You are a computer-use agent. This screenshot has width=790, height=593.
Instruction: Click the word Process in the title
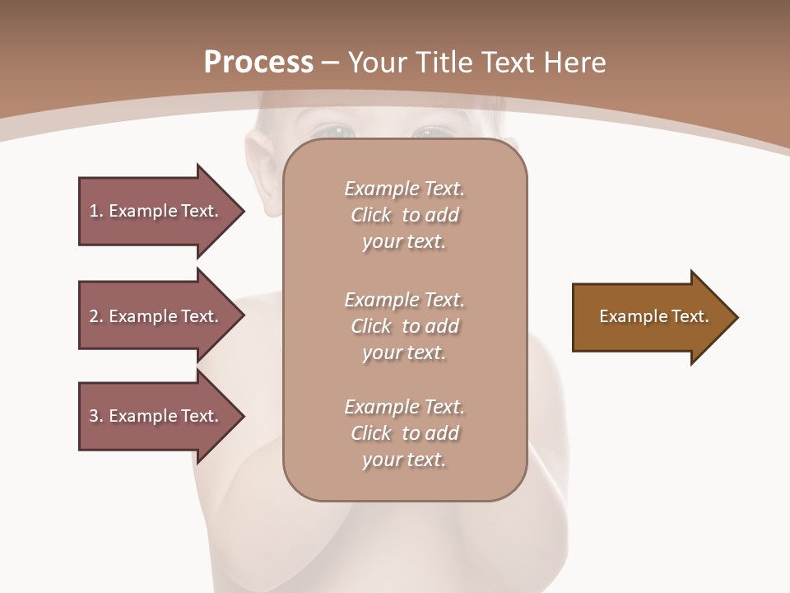[258, 63]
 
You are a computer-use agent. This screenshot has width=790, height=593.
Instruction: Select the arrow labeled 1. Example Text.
[156, 211]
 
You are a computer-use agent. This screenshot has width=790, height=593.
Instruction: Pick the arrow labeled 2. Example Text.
[156, 316]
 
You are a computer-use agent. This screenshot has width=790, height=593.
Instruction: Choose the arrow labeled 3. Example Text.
[156, 416]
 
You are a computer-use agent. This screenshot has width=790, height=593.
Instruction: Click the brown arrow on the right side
[650, 317]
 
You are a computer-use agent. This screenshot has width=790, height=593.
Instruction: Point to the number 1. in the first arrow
[95, 211]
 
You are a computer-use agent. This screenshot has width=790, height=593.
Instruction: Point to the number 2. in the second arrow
[95, 316]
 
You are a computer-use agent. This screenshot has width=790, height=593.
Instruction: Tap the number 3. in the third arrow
[95, 416]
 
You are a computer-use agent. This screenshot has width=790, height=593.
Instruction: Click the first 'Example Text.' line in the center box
[404, 189]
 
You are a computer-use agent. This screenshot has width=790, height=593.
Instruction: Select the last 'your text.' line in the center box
[404, 460]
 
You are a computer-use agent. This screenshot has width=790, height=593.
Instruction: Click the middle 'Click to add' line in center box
[404, 326]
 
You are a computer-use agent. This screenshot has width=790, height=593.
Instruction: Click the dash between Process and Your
[331, 63]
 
